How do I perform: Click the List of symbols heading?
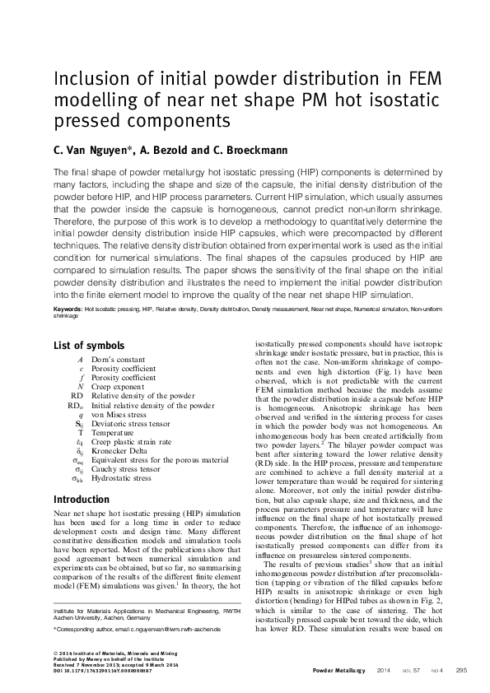pyautogui.click(x=89, y=346)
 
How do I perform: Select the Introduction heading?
pyautogui.click(x=81, y=500)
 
